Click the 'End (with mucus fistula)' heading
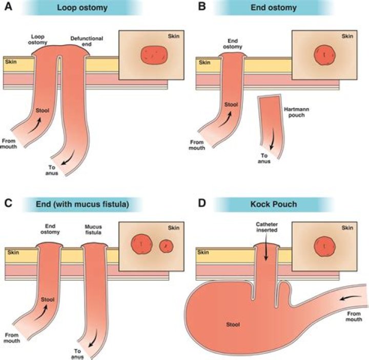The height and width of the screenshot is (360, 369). [x=81, y=204]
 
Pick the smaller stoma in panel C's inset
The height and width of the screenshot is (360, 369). [x=166, y=246]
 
